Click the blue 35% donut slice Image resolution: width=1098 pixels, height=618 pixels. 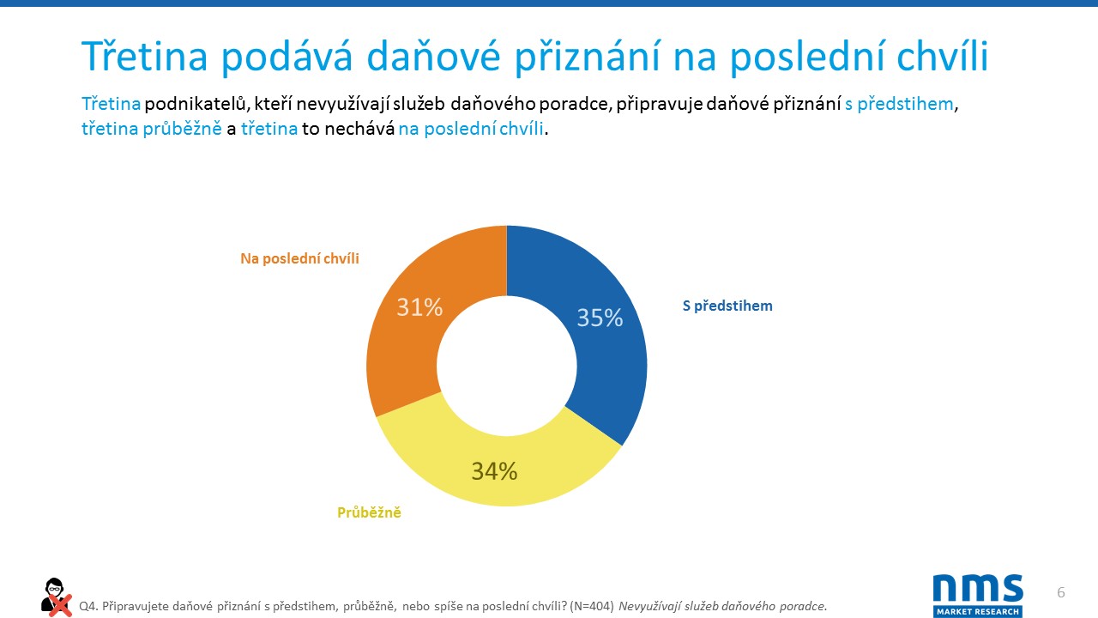tap(600, 343)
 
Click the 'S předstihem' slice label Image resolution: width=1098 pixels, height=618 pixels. tap(727, 306)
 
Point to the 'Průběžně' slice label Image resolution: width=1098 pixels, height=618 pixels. tap(369, 513)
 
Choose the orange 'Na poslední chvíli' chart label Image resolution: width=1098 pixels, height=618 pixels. tap(299, 258)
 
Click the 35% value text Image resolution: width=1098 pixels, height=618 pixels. tap(600, 318)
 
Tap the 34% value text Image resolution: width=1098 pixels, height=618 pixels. tap(494, 471)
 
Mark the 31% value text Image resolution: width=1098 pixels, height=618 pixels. tap(419, 307)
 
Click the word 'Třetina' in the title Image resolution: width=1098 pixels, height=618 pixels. tap(146, 57)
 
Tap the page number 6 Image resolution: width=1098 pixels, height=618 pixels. tap(1061, 593)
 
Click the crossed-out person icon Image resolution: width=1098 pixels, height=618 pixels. tap(56, 597)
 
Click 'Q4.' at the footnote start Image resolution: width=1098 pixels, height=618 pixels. tap(87, 606)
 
